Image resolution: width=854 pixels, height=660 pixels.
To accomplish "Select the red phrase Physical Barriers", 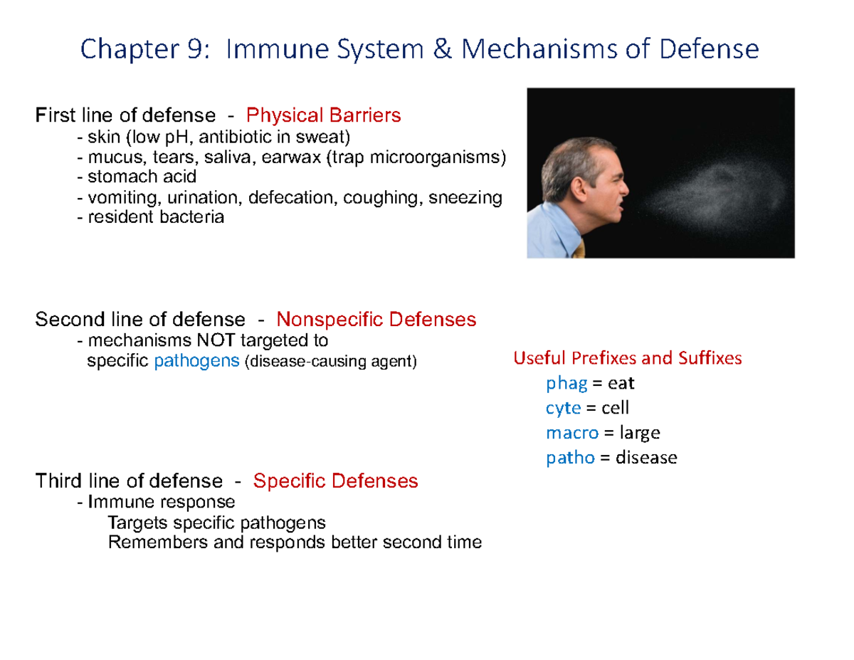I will pos(323,115).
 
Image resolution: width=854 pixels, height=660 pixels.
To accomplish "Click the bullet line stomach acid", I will pos(140,177).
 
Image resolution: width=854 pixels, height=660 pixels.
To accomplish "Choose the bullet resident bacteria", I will pos(154,217).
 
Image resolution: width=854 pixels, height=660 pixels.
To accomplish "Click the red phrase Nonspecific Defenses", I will pos(376,320).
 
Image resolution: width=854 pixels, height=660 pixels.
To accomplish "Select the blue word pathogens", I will pos(196,362).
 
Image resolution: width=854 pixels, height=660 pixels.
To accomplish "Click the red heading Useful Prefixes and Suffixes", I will pos(627,358).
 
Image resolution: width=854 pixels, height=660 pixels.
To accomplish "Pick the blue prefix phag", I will pos(566,384).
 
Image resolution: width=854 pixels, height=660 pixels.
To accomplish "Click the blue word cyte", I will pos(563,409).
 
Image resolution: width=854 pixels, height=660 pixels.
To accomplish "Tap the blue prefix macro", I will pos(571,433).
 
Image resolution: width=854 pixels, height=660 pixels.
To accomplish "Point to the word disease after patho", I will pos(646,458).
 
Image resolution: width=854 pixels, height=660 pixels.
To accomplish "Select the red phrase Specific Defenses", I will pos(335,481).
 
